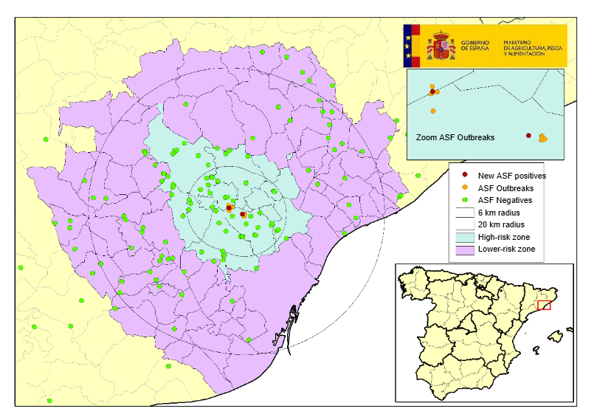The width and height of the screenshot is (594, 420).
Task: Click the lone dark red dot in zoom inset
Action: pos(528,135)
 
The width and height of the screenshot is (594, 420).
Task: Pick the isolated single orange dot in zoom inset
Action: pos(432,111)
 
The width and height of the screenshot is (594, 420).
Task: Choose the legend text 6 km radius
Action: pos(503,213)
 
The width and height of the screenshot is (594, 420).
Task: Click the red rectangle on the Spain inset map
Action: pos(544,305)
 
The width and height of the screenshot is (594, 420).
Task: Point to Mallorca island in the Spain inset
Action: pos(555,337)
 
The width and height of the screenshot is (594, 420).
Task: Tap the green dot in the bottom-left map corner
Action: pos(49,401)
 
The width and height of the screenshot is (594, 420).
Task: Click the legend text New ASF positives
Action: pos(511,176)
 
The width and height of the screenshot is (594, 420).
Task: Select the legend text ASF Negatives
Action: pos(505,200)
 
